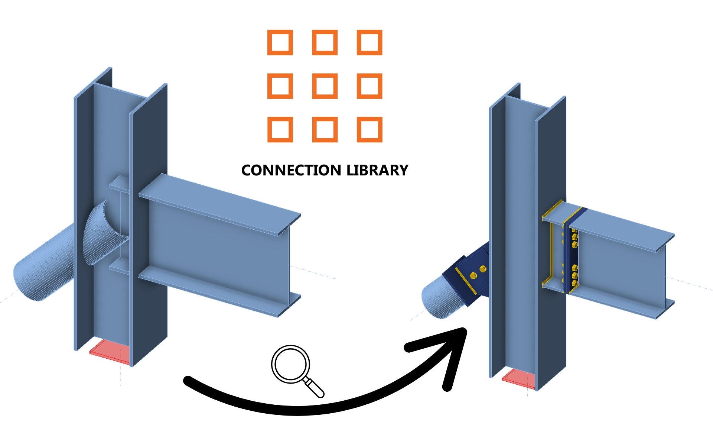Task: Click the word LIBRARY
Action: [x=377, y=170]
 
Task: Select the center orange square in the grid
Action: [x=325, y=86]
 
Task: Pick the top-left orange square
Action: [x=280, y=42]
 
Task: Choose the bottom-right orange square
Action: [x=369, y=129]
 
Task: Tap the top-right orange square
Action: [x=369, y=42]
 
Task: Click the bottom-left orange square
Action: [x=280, y=129]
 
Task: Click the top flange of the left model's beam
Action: [x=219, y=204]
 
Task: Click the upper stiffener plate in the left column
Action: [x=119, y=184]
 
